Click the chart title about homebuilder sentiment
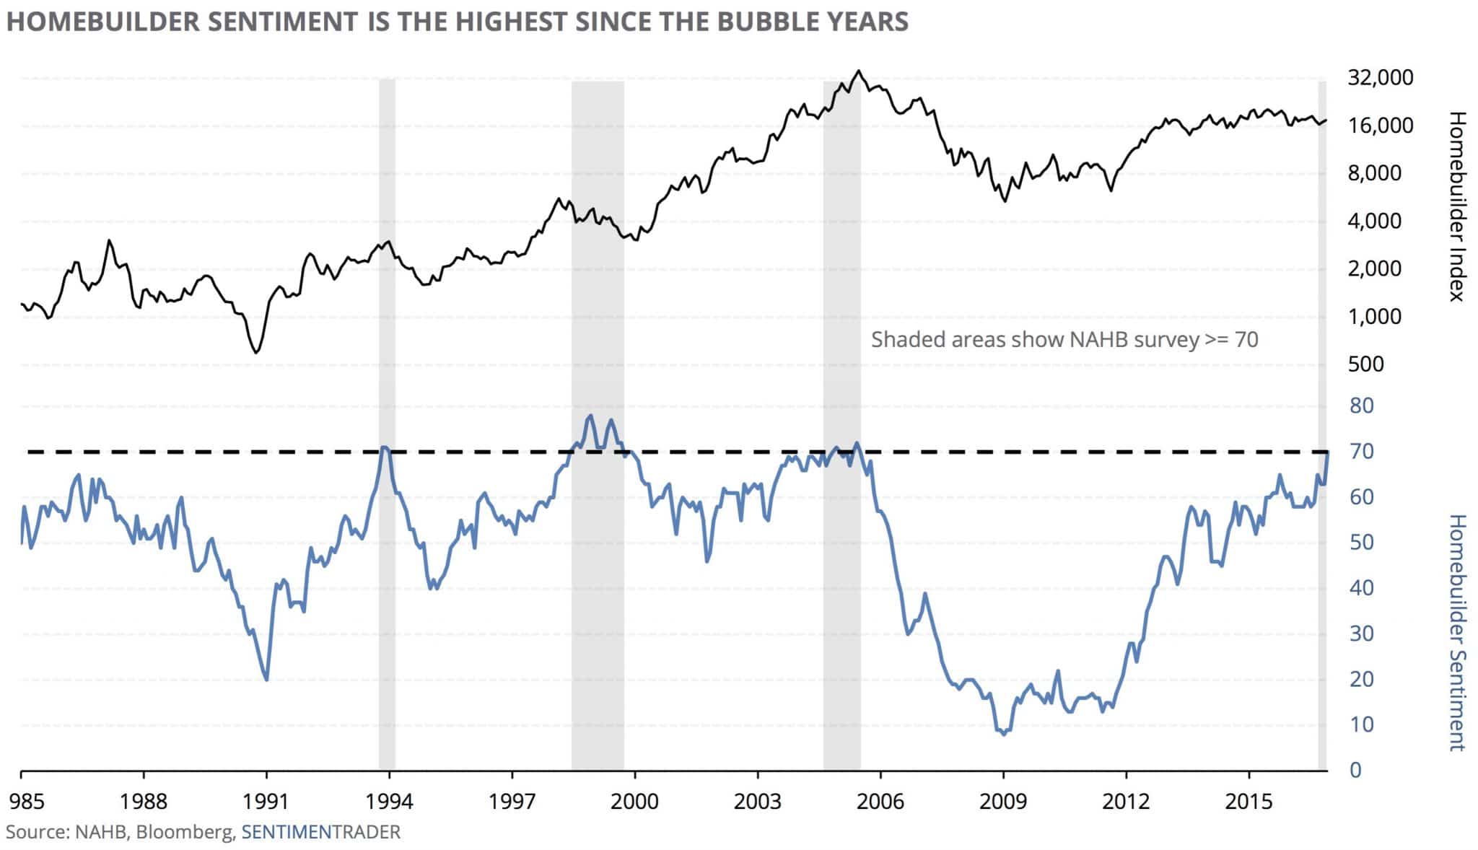[x=457, y=22]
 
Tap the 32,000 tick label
[x=1380, y=77]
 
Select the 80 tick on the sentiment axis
[x=1361, y=406]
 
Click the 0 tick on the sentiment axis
[x=1355, y=771]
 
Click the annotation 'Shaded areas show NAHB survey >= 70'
[x=1064, y=339]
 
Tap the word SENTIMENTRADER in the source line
[x=320, y=832]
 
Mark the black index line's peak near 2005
[x=857, y=71]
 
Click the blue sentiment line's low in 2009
[x=1004, y=735]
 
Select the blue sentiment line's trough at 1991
[x=267, y=680]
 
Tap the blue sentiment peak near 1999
[x=590, y=416]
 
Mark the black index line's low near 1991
[x=256, y=352]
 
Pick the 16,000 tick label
[x=1380, y=126]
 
